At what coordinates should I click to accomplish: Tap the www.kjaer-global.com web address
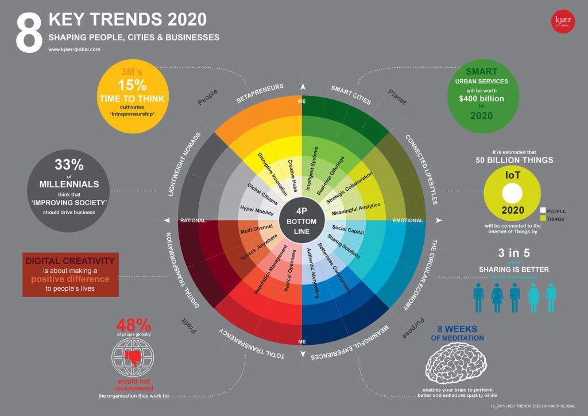75,50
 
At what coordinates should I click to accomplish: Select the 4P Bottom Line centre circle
301,221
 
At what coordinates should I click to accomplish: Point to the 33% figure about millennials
69,165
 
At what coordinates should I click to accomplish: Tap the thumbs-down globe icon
133,357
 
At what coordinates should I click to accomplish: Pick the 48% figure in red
133,325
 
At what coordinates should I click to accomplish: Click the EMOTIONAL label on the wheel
408,221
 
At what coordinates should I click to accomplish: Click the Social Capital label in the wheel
348,229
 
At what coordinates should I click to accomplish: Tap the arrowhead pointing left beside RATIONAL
167,221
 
